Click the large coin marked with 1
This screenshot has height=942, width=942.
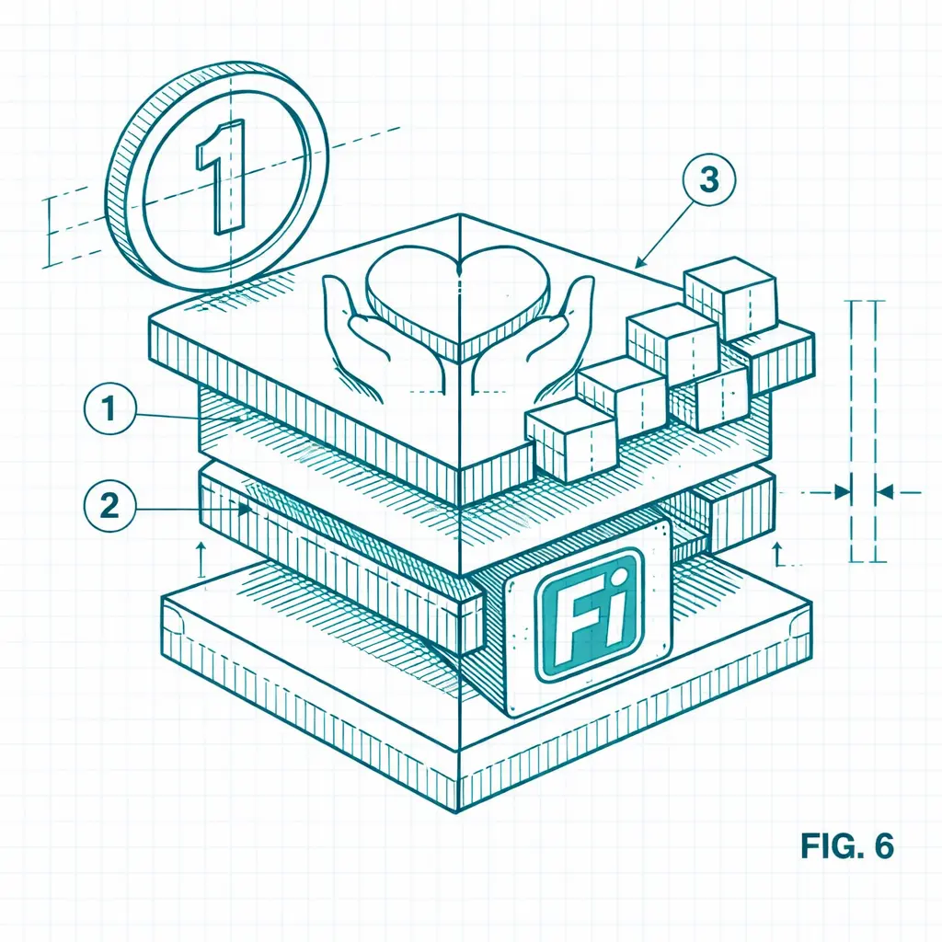(217, 177)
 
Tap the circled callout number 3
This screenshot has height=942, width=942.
(709, 179)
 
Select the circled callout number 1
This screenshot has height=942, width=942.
(109, 409)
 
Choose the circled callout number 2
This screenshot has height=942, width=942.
(109, 507)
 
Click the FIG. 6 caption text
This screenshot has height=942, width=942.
(847, 845)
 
